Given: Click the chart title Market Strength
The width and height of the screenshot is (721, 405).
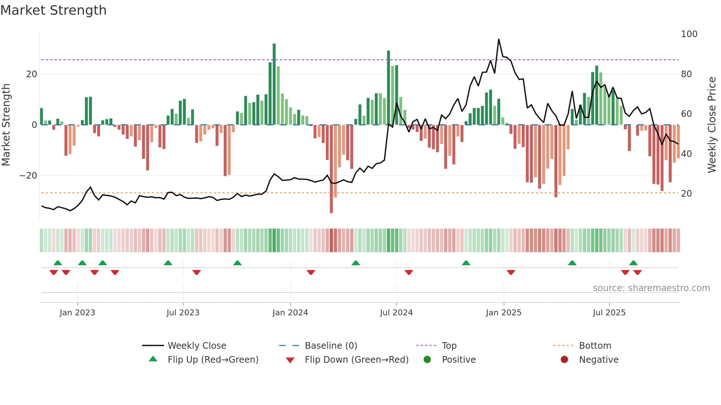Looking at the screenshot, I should click(53, 10).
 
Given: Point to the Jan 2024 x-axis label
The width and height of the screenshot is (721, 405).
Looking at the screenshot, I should click(290, 313).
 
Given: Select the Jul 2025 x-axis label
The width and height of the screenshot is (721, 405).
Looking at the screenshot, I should click(609, 313).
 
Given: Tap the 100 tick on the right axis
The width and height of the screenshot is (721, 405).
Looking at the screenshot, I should click(689, 34).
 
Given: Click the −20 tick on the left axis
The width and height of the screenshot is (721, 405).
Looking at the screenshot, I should click(28, 176).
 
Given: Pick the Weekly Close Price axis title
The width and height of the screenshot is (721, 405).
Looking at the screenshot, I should click(712, 125).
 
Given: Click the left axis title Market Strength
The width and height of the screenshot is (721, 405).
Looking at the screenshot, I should click(6, 125).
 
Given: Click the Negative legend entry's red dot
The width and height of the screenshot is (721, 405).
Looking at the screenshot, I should click(564, 360).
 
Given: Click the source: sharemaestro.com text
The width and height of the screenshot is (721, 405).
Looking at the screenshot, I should click(651, 288).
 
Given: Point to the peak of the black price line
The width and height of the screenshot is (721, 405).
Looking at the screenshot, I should click(498, 40).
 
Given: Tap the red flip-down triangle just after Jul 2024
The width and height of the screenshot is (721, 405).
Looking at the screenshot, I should click(409, 272).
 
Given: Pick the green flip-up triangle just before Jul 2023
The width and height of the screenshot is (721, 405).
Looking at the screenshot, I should click(168, 263).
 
